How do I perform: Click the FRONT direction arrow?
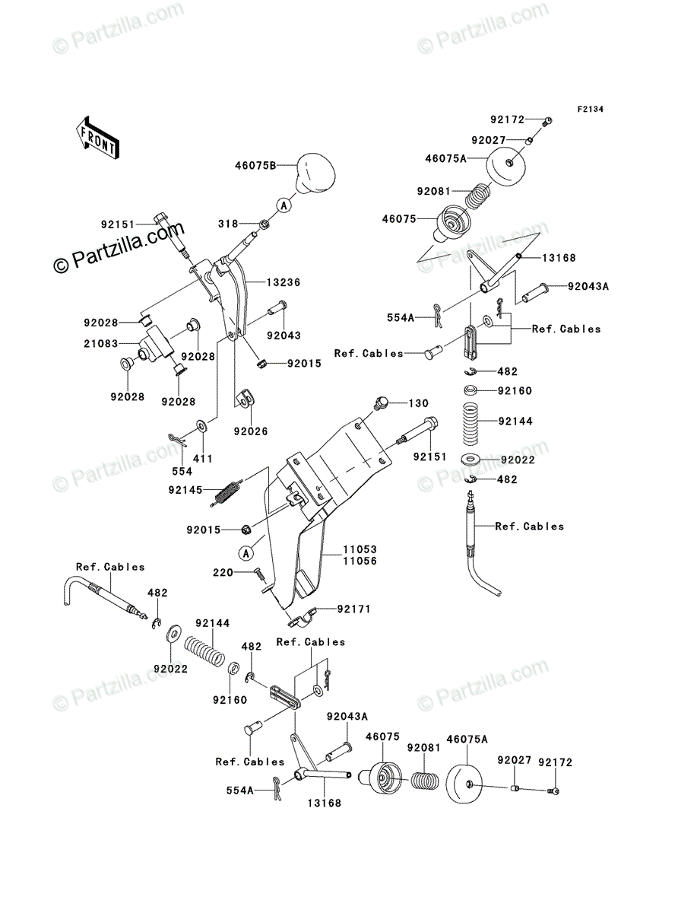click(x=97, y=138)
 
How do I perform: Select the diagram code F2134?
click(x=591, y=110)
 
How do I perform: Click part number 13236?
click(x=284, y=282)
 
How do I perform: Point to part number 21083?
click(x=101, y=344)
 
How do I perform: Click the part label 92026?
click(x=251, y=431)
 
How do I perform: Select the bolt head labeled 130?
click(x=382, y=403)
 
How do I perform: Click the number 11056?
click(x=360, y=561)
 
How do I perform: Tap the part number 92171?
click(x=354, y=609)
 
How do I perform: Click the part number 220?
click(x=223, y=573)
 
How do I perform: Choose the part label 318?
click(x=229, y=224)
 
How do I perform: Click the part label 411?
click(x=203, y=459)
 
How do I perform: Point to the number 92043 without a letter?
click(x=284, y=336)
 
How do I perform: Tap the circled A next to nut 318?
click(x=284, y=205)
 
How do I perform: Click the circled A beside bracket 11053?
click(x=246, y=554)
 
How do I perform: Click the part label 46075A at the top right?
click(x=445, y=158)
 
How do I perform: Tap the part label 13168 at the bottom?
click(x=325, y=803)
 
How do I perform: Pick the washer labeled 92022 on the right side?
click(x=470, y=460)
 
